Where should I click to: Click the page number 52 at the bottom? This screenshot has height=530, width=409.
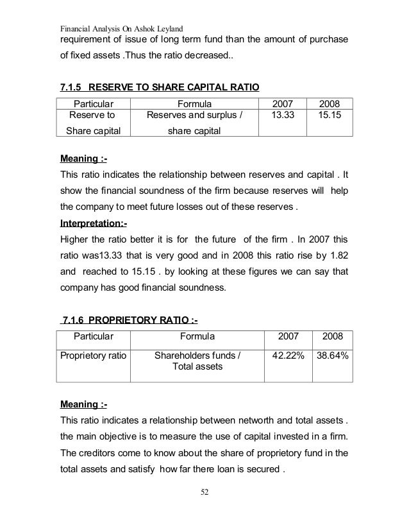tap(204, 493)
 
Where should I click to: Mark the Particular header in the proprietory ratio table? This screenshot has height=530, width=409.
tap(94, 336)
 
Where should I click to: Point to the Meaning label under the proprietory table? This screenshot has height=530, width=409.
tap(83, 405)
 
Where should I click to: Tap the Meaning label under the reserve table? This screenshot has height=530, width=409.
tap(83, 156)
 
